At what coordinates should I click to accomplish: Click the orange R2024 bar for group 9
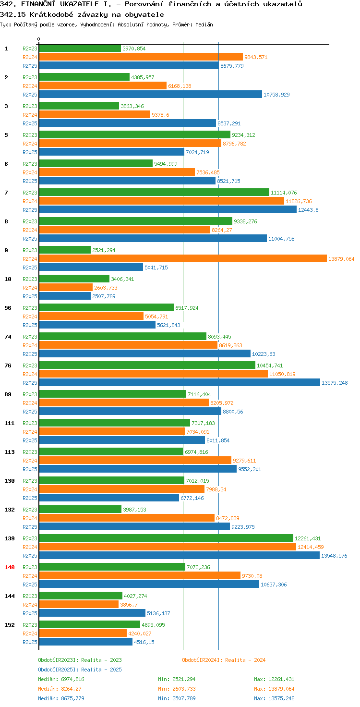[x=183, y=259]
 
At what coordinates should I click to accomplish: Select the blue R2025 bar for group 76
[x=180, y=382]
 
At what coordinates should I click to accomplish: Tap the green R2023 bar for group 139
[x=166, y=538]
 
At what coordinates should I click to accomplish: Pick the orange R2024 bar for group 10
[x=66, y=288]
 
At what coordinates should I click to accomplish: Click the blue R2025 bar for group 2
[x=151, y=94]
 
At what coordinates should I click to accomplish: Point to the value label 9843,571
[x=256, y=57]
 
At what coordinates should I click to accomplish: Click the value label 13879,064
[x=341, y=259]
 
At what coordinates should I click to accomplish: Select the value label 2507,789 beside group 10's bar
[x=104, y=296]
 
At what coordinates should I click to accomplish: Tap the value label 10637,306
[x=274, y=585]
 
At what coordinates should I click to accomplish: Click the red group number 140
[x=10, y=567]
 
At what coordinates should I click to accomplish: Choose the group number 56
[x=8, y=308]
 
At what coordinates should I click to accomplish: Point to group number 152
[x=10, y=624]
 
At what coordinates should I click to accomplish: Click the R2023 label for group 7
[x=30, y=193]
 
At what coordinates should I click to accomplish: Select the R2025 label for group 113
[x=30, y=469]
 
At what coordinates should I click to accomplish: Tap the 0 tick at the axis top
[x=38, y=39]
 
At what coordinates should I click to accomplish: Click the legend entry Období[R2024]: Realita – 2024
[x=224, y=660]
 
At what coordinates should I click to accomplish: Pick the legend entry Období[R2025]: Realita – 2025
[x=80, y=670]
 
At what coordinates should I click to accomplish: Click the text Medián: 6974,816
[x=61, y=679]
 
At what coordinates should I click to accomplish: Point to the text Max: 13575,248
[x=274, y=698]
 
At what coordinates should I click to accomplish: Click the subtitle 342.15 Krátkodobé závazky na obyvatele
[x=82, y=14]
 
